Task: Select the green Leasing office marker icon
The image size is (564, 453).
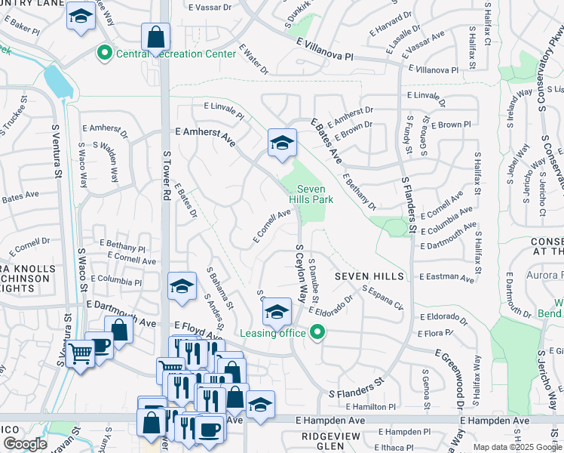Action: (317, 331)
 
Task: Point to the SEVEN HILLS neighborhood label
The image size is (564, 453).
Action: (370, 277)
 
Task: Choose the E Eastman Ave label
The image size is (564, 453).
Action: (446, 278)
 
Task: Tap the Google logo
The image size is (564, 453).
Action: (26, 445)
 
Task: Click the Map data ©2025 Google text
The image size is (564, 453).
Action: (517, 447)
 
